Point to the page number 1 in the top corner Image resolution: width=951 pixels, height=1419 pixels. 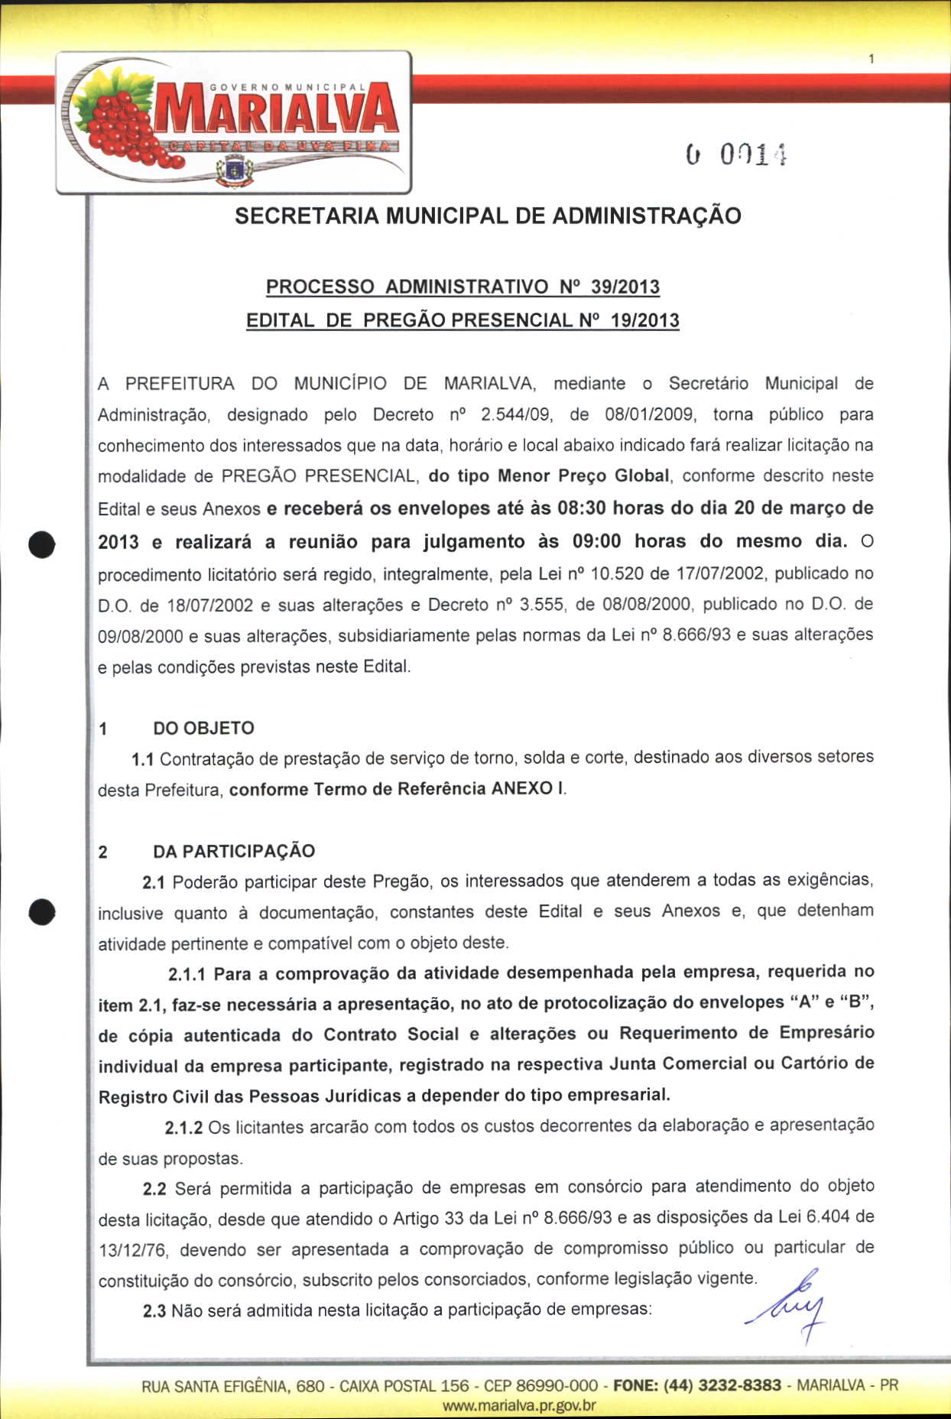click(871, 59)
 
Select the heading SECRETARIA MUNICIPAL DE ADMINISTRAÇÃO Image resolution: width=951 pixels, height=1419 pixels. click(488, 216)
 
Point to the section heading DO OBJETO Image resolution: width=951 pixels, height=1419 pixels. click(203, 728)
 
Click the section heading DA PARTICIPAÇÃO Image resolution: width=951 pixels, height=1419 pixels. click(234, 851)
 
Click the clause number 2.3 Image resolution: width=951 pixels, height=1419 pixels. click(154, 1311)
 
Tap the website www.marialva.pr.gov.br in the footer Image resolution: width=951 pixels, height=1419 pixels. click(519, 1405)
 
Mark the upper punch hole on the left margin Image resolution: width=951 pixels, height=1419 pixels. click(42, 544)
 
